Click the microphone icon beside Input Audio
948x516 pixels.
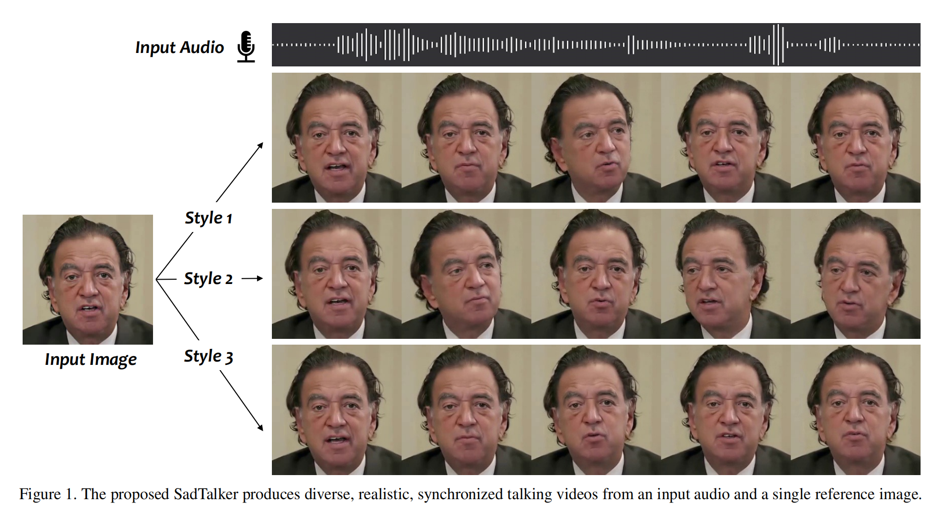(x=246, y=47)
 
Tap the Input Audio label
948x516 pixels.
(x=179, y=48)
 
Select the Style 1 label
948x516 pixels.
(x=208, y=218)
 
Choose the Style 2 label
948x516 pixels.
(x=208, y=279)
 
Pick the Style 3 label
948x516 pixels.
(x=208, y=357)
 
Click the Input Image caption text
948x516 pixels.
(x=90, y=360)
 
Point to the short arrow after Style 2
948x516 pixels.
(x=252, y=278)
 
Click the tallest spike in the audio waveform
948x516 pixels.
(x=776, y=45)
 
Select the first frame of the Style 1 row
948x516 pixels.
(x=337, y=138)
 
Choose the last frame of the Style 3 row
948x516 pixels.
(x=856, y=410)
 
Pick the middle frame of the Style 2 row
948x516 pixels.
(x=596, y=274)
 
